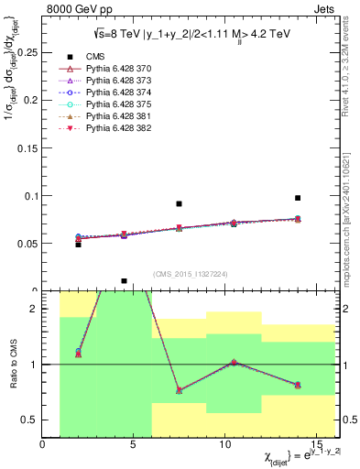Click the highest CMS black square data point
pyautogui.click(x=298, y=198)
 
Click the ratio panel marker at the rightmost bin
pyautogui.click(x=298, y=385)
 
